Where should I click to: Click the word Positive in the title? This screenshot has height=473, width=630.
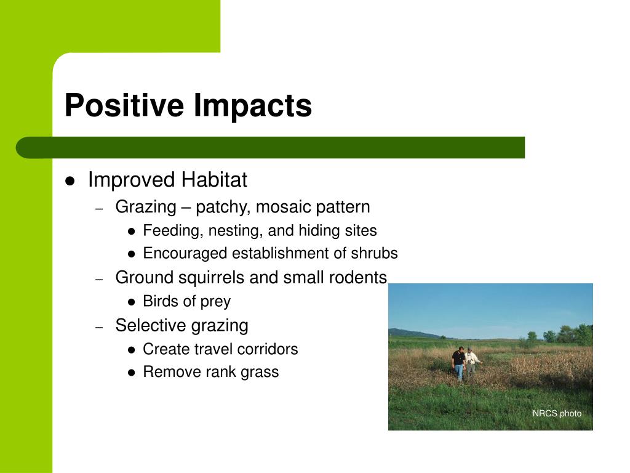tap(124, 105)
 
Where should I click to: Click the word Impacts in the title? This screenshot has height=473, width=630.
tap(253, 106)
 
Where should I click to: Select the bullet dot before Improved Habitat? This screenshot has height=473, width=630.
tap(70, 181)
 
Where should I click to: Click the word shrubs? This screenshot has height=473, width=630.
tap(374, 253)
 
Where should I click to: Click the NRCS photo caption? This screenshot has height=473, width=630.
tap(557, 413)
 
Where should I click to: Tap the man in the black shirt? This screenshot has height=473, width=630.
tap(458, 363)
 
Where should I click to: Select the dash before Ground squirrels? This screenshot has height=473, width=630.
tap(100, 279)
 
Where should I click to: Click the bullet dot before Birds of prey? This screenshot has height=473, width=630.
tap(132, 302)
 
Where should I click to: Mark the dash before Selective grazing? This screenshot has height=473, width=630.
tap(100, 327)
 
